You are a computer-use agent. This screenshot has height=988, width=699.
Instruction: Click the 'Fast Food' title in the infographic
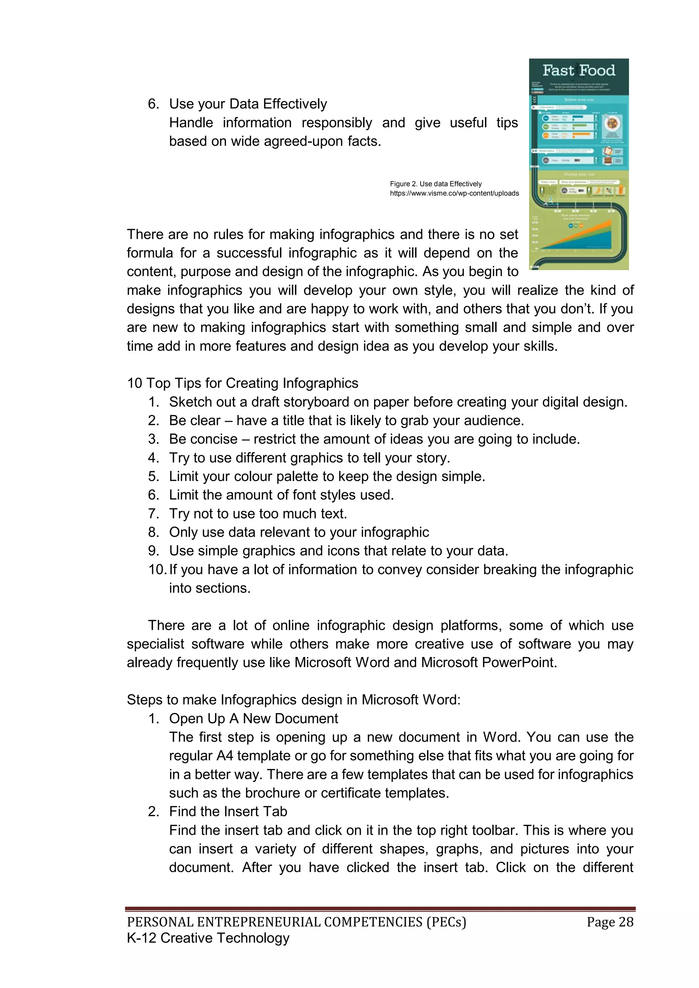click(579, 71)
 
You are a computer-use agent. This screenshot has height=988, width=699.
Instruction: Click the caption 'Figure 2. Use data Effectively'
click(436, 184)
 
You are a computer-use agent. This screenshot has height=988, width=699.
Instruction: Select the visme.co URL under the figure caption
click(454, 193)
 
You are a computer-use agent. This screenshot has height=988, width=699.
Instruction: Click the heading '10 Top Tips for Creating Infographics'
click(242, 383)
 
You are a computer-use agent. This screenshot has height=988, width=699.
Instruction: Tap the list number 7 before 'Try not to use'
click(153, 513)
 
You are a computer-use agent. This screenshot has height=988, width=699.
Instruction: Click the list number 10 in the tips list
click(157, 569)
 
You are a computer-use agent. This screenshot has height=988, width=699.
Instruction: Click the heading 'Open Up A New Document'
click(253, 718)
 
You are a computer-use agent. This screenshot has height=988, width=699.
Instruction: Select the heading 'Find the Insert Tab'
click(228, 811)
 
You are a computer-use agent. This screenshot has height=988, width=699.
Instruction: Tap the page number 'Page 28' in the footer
click(610, 922)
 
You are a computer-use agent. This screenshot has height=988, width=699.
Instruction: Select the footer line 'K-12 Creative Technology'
click(208, 938)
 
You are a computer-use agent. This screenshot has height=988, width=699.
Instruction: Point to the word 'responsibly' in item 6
click(337, 123)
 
